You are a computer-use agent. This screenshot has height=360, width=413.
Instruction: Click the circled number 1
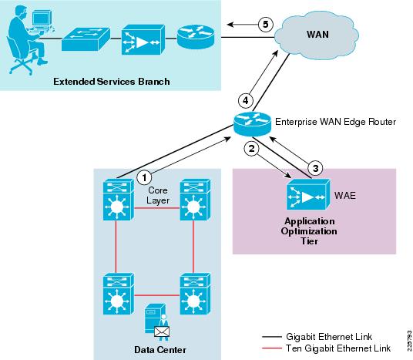pos(144,177)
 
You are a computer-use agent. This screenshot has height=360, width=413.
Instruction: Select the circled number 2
pos(252,148)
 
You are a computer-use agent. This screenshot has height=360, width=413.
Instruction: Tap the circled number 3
pos(315,168)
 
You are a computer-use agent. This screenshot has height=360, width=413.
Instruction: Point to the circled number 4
pos(246,101)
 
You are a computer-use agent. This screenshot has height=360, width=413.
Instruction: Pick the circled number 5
pos(266,25)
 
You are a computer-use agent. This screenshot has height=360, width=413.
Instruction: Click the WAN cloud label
pos(317,35)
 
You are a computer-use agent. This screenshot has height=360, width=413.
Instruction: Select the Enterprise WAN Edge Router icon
pos(252,124)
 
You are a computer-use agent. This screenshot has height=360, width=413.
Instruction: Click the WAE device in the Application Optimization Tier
pos(308,194)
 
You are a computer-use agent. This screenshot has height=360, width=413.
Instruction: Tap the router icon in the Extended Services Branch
pos(196,36)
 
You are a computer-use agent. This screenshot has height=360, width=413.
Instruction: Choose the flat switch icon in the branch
pos(86,39)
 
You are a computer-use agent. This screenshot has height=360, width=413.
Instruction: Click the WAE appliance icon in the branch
pos(143,39)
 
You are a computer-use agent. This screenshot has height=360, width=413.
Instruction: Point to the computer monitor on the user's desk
pos(42,19)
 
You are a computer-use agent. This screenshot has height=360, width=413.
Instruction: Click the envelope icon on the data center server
pos(162,331)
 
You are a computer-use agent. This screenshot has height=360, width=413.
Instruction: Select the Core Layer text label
pos(158,195)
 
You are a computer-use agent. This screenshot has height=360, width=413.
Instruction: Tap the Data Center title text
pos(160,350)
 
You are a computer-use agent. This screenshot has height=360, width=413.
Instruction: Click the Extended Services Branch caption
pos(112,82)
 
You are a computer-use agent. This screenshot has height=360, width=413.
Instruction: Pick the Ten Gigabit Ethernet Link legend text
pos(338,348)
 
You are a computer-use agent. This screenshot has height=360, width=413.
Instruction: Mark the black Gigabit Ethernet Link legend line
pos(272,337)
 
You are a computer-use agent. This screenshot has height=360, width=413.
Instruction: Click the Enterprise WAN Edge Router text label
pos(335,122)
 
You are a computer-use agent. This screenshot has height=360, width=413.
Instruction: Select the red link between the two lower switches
pos(157,295)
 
